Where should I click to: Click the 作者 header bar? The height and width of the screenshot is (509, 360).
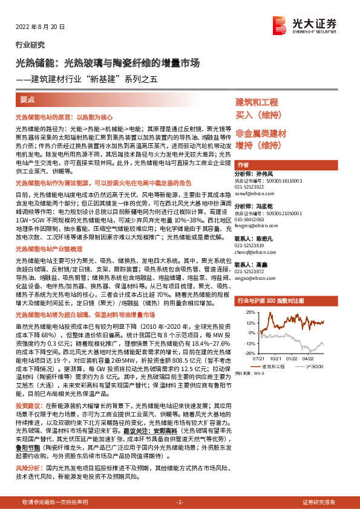pyautogui.click(x=243, y=164)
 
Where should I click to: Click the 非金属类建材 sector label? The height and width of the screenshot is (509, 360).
pyautogui.click(x=261, y=133)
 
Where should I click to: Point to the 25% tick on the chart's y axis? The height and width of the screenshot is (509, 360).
pyautogui.click(x=250, y=313)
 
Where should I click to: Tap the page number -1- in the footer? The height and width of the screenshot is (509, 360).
pyautogui.click(x=180, y=502)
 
